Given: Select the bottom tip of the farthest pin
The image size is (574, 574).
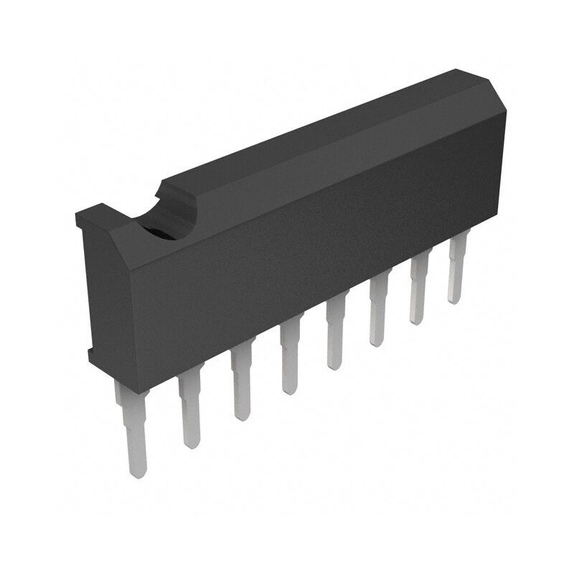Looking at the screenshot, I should coord(453,300).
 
